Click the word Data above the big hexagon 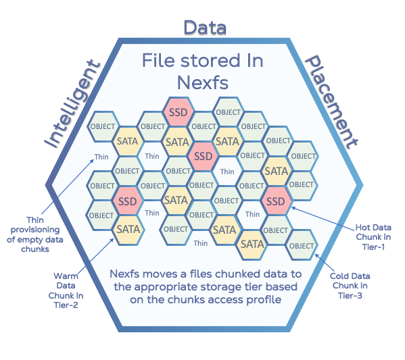point(205,28)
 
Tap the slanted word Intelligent point(72,104)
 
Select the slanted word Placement point(331,102)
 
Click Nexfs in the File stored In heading point(203,83)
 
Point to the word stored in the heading point(210,61)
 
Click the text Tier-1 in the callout point(373,247)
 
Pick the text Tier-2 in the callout point(66,305)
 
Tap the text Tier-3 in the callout point(350,295)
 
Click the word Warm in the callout point(66,276)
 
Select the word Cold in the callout point(339,276)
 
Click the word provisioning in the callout point(35,230)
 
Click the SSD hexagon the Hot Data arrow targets point(276,201)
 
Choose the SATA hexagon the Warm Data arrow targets point(128,230)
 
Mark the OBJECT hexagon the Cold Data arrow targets point(301,245)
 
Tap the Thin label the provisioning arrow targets point(101,157)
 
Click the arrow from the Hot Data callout point(323,219)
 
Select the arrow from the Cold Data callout point(324,263)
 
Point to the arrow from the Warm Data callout point(95,255)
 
